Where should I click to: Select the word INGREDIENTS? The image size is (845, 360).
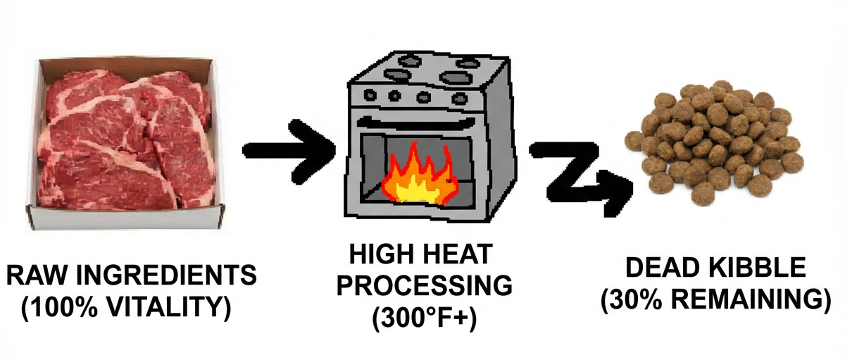tap(166, 275)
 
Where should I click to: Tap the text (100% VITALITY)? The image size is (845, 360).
tap(126, 308)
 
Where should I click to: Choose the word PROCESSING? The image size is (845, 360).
tap(425, 286)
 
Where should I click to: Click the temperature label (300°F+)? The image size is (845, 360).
tap(424, 319)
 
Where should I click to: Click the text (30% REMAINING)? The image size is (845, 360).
tap(715, 301)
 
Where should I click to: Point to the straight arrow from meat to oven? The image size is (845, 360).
tap(289, 151)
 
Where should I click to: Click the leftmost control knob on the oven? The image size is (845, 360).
tap(370, 94)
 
